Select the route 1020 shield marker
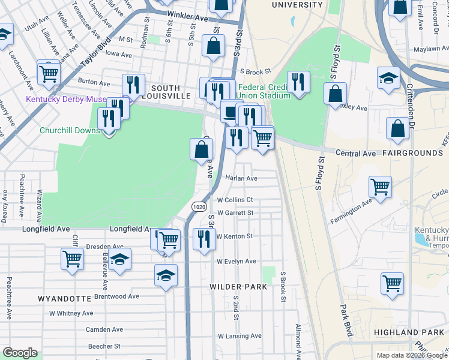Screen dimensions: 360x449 tap(200, 206)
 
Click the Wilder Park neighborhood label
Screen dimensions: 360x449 tap(238, 287)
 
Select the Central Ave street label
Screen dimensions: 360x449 tap(355, 154)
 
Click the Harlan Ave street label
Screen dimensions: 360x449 tap(241, 178)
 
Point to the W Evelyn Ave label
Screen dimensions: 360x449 tap(237, 262)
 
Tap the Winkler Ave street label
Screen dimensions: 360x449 tap(188, 18)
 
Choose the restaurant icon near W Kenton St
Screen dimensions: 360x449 tap(204, 239)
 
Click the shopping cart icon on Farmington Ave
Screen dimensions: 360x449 tap(381, 187)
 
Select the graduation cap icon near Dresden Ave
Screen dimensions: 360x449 tap(120, 259)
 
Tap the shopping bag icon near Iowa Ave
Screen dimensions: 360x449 tap(213, 46)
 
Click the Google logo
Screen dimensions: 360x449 tap(20, 353)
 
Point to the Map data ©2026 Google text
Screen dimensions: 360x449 tap(411, 355)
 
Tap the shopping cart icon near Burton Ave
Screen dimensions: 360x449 tap(48, 73)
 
